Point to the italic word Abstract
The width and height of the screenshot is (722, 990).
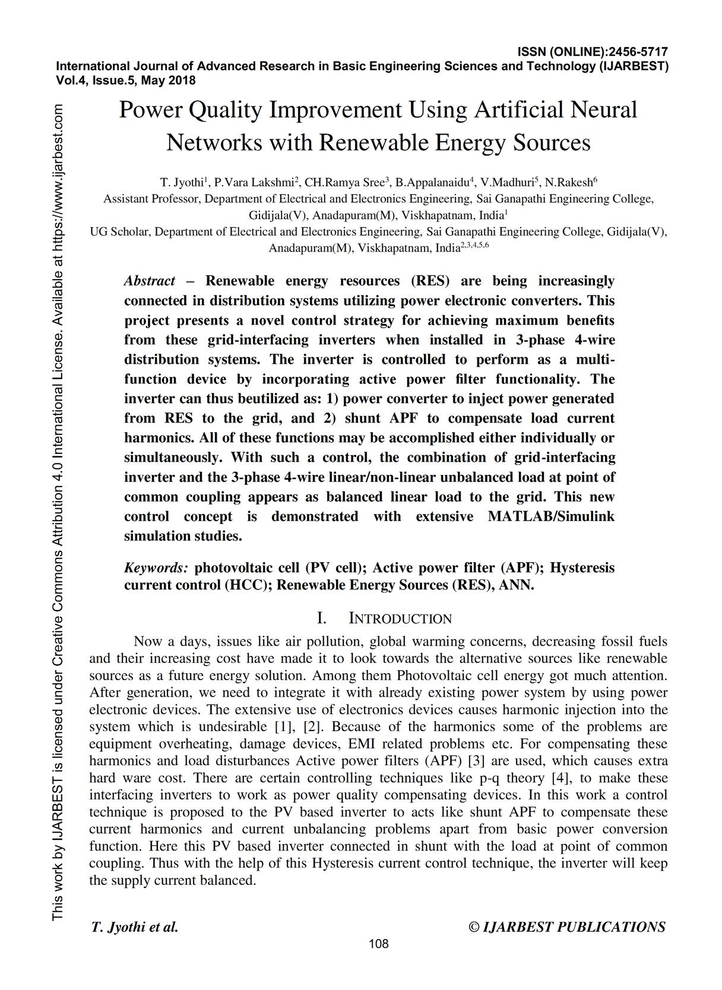(x=150, y=281)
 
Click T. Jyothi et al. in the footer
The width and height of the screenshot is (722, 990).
(x=135, y=927)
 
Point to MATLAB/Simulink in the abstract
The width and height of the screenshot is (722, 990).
(x=550, y=516)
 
